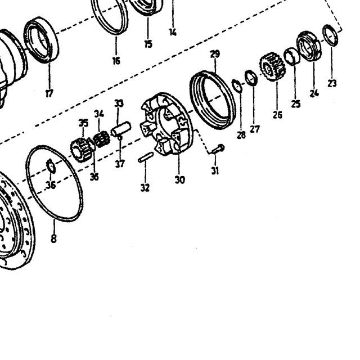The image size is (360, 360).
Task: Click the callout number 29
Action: [x=215, y=54]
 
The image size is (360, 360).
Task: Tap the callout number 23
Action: [x=332, y=83]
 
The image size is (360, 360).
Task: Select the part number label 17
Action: [x=49, y=93]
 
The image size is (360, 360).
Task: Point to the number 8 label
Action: [x=53, y=238]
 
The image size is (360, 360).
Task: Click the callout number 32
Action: [x=145, y=187]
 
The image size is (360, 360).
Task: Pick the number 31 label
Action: [x=215, y=170]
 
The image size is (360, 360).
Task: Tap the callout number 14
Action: [x=173, y=32]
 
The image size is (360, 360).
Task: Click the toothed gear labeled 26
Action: [x=272, y=66]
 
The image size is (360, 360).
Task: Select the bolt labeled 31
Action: [x=218, y=149]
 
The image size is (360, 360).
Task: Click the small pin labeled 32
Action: [x=146, y=157]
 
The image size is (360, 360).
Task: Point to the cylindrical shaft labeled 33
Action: [x=121, y=129]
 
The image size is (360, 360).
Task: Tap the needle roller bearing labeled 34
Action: [x=101, y=139]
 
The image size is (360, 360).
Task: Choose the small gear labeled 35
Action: [x=82, y=150]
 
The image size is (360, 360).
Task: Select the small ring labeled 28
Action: [x=237, y=86]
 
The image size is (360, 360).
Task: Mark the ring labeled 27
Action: [x=251, y=78]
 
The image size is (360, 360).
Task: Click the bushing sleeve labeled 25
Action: [x=292, y=56]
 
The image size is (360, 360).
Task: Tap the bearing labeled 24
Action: [x=309, y=46]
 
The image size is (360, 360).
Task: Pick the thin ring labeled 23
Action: [x=330, y=35]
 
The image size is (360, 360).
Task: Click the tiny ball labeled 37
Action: [x=120, y=138]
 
